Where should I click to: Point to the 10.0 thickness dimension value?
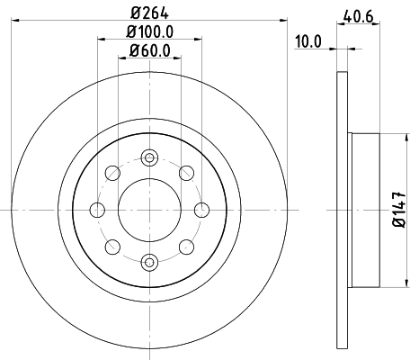tap(308, 40)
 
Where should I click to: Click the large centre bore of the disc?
tap(149, 209)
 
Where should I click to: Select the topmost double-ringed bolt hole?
tap(149, 157)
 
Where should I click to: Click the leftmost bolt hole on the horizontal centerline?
tap(97, 209)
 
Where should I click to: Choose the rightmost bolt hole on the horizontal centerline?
tap(201, 209)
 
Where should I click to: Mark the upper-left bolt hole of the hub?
tap(112, 172)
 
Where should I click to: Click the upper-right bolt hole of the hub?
tap(186, 172)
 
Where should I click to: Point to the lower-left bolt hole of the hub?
tap(112, 246)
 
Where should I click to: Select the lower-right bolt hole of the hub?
tap(186, 246)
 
